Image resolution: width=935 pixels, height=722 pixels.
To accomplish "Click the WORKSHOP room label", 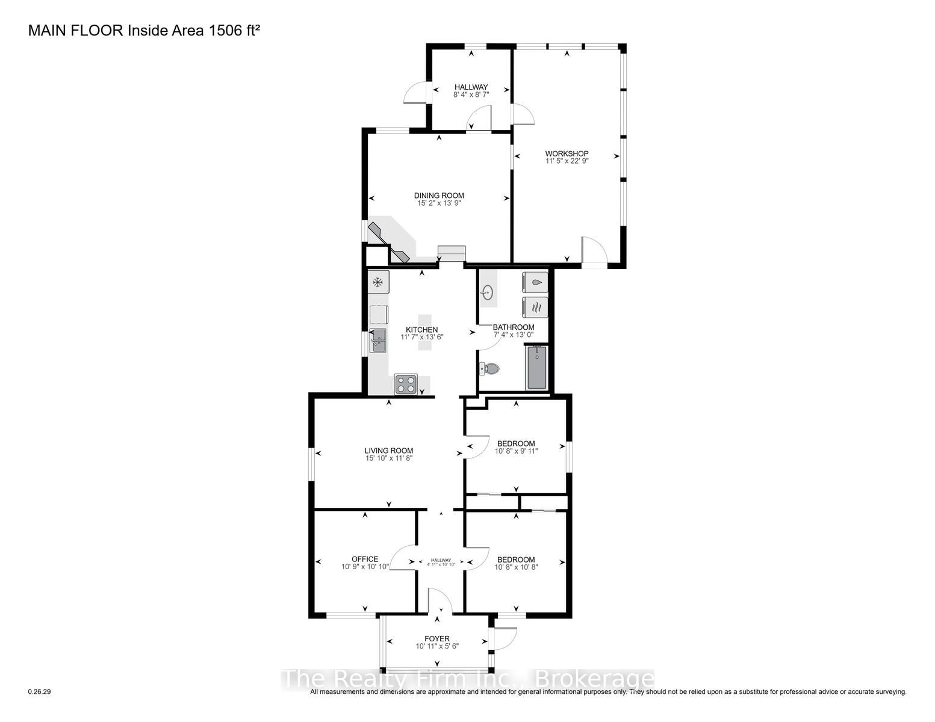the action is point(567,153).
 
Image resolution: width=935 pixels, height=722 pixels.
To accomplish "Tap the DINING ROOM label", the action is point(439,196).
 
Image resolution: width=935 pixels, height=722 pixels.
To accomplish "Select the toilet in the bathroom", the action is point(489,369).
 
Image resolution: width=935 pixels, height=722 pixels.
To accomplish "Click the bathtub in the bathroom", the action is point(536,367).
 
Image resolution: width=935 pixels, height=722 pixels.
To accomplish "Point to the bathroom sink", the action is point(487,293).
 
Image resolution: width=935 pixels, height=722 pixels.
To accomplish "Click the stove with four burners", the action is point(406,384).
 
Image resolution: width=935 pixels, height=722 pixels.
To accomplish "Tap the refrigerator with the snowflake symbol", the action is point(378,282).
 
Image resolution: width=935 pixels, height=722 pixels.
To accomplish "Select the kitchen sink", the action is point(378,341).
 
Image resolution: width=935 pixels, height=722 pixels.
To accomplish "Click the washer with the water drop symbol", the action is point(535,283).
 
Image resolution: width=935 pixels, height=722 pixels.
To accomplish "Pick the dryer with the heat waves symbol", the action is point(535,307).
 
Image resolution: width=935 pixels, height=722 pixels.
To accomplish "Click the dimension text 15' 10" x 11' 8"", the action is point(389,458).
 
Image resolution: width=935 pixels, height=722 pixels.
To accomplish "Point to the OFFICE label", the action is point(365,559).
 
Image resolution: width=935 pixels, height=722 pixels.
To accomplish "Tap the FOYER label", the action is point(436,638).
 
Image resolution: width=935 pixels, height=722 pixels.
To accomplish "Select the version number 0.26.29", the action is point(40,691).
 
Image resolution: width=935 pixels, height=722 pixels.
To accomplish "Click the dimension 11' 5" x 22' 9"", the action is point(567,161).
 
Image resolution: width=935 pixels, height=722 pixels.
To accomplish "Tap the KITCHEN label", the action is point(421,330).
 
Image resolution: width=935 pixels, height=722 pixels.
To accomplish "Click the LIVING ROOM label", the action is point(389,451).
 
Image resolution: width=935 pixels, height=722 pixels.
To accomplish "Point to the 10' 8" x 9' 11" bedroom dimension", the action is point(516,451).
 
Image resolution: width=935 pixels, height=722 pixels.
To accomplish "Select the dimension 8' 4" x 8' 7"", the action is point(471,94).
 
